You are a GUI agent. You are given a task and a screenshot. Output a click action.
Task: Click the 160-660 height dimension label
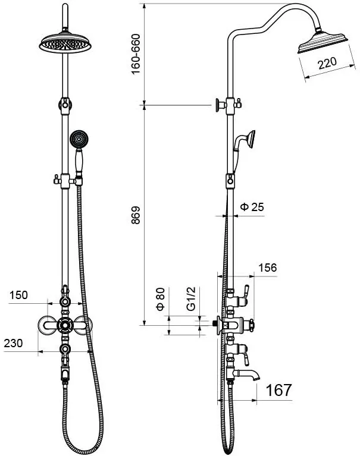[x=136, y=54]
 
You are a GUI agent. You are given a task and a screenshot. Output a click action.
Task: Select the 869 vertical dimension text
[x=136, y=215]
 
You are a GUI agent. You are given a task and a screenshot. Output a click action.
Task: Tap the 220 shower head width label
[x=327, y=63]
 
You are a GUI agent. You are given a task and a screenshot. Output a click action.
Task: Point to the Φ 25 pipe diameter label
[x=252, y=207]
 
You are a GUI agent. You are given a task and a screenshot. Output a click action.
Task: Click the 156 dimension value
[x=267, y=268]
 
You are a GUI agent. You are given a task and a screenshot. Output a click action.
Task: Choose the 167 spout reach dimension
[x=278, y=389]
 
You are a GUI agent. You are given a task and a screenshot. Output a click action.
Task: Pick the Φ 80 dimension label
[x=160, y=299]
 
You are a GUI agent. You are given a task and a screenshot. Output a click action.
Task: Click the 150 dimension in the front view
[x=18, y=295]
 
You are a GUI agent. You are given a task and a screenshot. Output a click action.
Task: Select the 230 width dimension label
[x=13, y=343]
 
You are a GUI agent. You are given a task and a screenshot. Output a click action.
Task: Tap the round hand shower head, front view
[x=79, y=139]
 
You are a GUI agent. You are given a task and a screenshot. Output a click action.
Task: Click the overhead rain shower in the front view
[x=65, y=43]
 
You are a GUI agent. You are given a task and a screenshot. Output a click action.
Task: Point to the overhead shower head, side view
[x=323, y=42]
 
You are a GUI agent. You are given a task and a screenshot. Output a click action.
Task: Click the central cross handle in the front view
[x=65, y=325]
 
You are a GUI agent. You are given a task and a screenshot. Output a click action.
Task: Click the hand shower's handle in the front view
[x=79, y=161]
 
